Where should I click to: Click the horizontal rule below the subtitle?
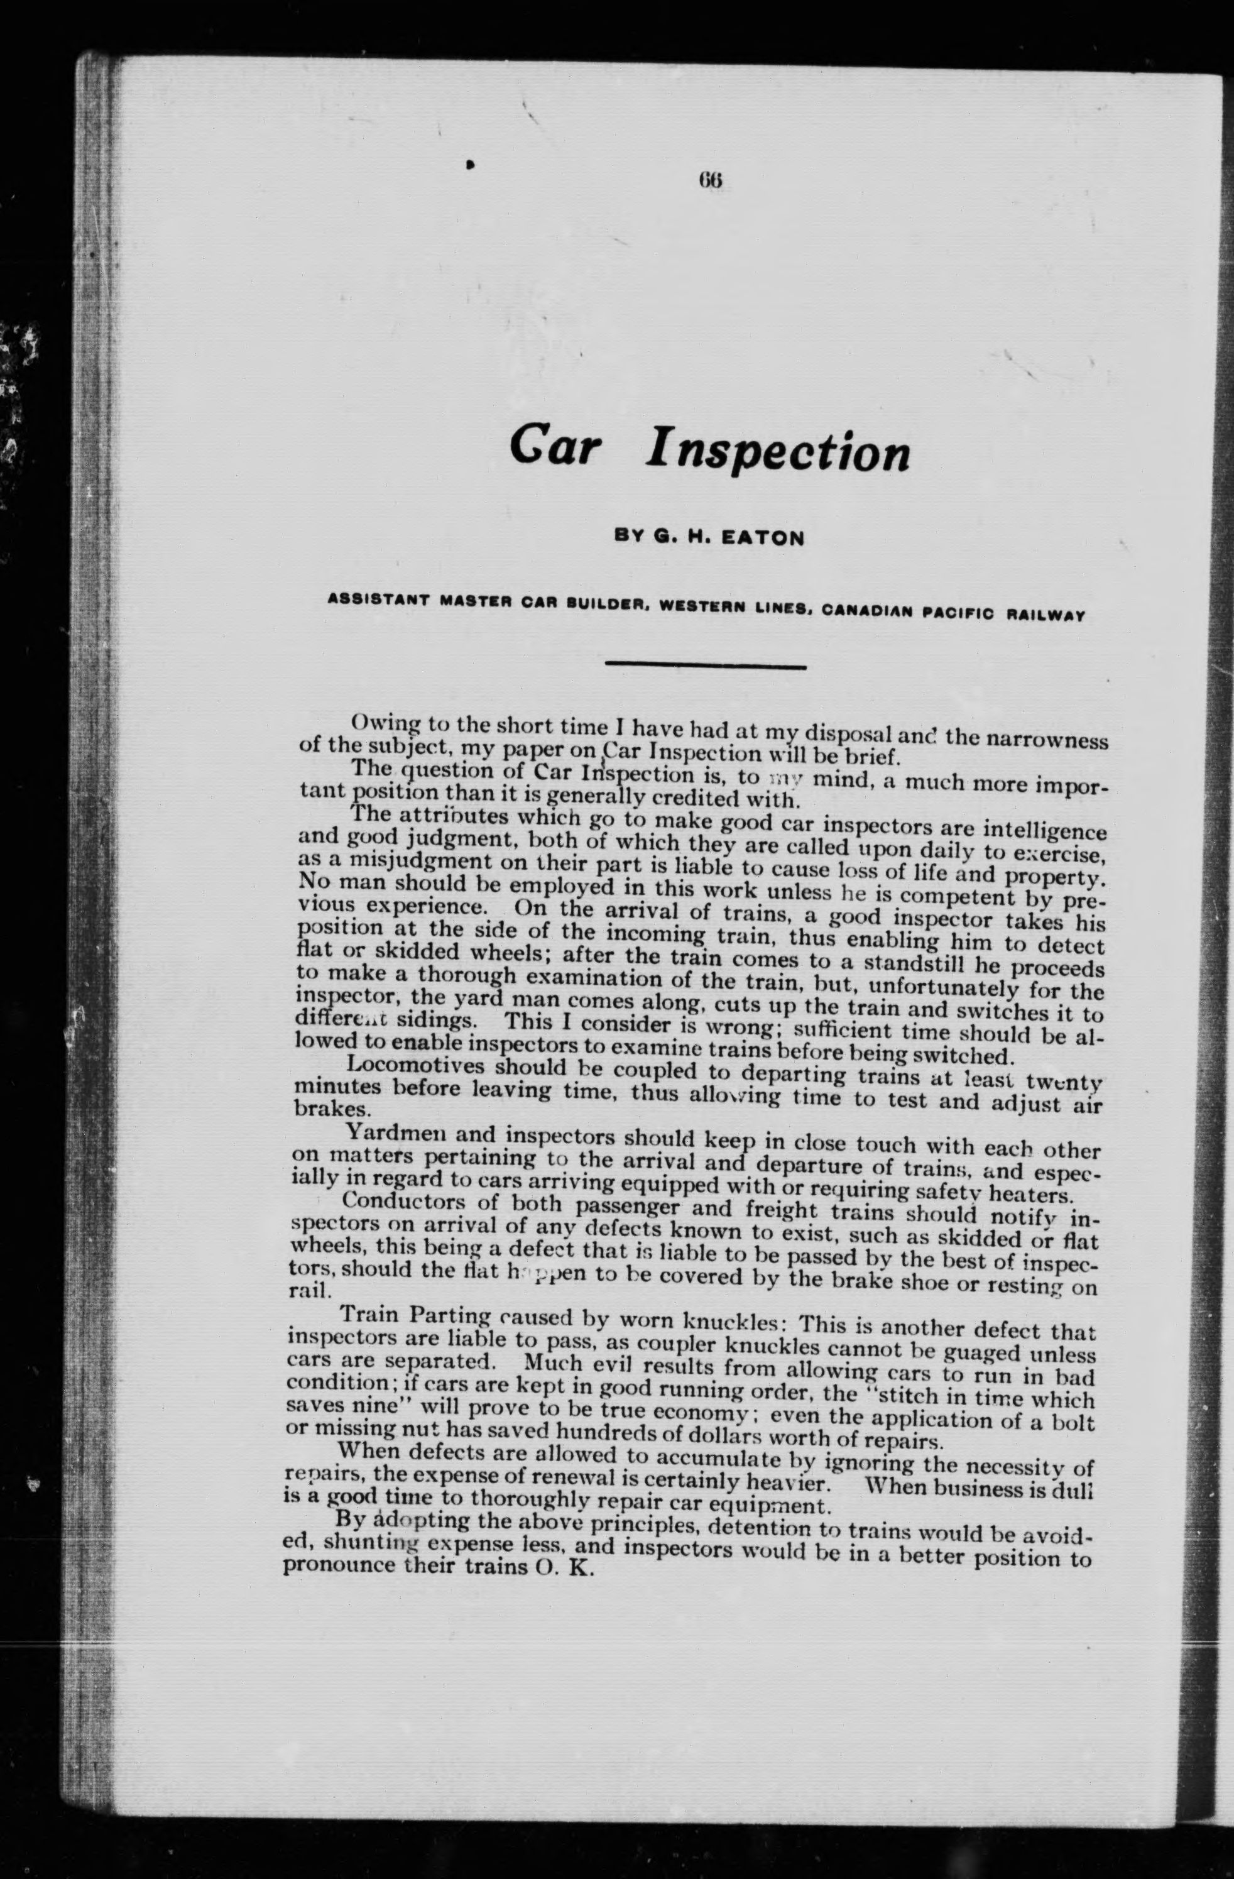pos(705,667)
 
